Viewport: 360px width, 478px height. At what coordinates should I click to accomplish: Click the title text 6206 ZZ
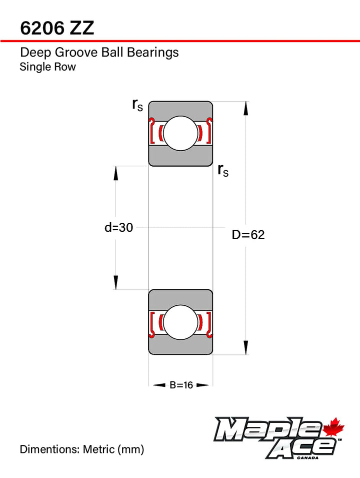[57, 28]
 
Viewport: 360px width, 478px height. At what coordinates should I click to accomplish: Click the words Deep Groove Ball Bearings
[99, 53]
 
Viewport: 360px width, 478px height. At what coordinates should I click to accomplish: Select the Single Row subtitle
[48, 67]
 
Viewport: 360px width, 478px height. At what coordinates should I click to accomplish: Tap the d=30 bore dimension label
[119, 227]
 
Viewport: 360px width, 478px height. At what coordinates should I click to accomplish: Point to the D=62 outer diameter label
[248, 235]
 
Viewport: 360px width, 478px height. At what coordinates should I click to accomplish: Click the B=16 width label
[181, 385]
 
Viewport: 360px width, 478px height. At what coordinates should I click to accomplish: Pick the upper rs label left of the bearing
[137, 105]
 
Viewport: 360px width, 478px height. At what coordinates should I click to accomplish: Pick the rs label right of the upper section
[223, 170]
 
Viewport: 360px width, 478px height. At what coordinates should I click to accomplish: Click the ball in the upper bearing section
[180, 133]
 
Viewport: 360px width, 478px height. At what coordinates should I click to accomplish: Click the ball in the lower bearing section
[180, 322]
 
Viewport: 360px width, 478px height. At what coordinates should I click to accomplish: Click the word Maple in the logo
[268, 429]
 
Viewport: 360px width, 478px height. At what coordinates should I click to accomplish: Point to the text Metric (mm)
[113, 449]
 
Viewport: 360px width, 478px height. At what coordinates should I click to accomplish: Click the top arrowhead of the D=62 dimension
[246, 108]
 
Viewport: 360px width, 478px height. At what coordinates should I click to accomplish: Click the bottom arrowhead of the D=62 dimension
[246, 348]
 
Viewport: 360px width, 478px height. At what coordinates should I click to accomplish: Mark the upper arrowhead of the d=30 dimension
[115, 173]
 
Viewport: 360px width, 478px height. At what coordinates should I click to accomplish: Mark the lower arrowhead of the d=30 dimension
[115, 283]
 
